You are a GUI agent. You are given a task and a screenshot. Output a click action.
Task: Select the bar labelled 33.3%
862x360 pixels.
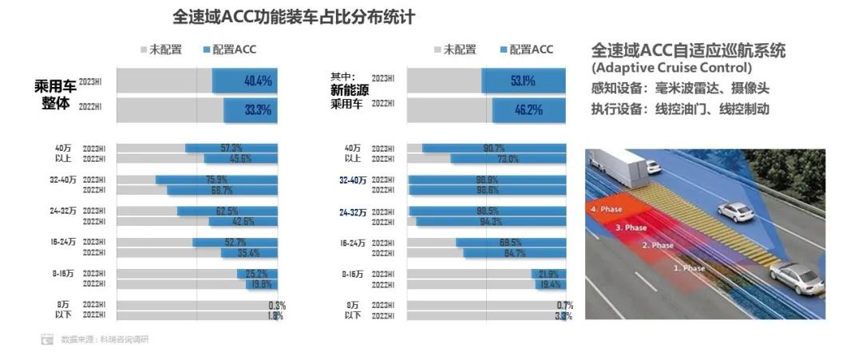click(x=250, y=110)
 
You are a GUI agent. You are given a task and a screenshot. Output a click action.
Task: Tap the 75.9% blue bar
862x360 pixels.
click(x=216, y=180)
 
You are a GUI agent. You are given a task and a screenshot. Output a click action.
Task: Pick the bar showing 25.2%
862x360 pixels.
click(x=257, y=274)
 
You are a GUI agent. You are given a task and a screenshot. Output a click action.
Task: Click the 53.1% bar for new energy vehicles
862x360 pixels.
click(x=524, y=81)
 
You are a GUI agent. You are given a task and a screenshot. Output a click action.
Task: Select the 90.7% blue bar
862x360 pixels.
click(x=494, y=148)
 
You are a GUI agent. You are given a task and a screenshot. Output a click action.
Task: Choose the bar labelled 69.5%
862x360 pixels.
click(x=511, y=243)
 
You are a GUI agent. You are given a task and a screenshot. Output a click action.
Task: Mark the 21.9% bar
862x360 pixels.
click(x=549, y=274)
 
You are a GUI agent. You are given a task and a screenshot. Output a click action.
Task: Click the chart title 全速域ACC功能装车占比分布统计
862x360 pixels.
click(x=294, y=17)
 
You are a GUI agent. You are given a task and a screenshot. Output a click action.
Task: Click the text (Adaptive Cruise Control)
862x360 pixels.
click(x=671, y=68)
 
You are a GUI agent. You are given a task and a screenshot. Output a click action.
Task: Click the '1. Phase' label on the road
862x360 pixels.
click(x=689, y=268)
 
